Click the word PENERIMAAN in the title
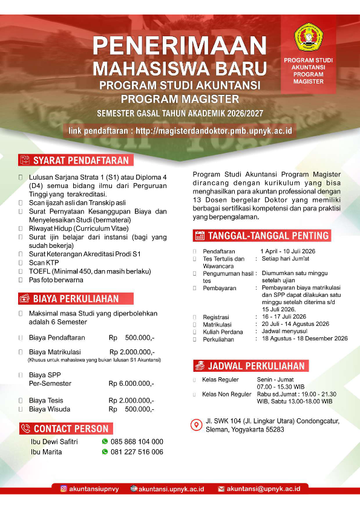[x=180, y=46]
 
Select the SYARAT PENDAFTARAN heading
[x=80, y=160]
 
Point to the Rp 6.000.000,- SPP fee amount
[x=131, y=383]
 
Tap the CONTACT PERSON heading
[x=71, y=429]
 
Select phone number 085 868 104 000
[x=137, y=442]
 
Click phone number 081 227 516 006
[x=137, y=452]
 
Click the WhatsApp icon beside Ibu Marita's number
[x=105, y=452]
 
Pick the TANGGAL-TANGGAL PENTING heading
[x=269, y=236]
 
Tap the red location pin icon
[x=195, y=424]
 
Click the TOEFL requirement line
[x=81, y=271]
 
